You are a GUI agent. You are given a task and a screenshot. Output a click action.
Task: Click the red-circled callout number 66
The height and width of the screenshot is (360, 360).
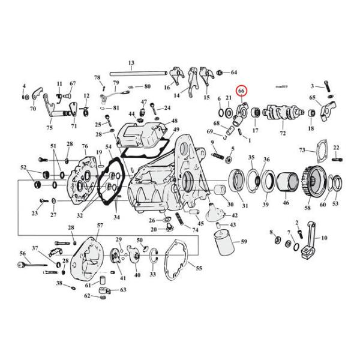point(241,91)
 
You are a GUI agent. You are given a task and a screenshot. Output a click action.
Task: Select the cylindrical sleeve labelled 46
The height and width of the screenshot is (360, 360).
point(286,182)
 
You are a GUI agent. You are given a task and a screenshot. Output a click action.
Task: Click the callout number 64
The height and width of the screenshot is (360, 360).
point(233,73)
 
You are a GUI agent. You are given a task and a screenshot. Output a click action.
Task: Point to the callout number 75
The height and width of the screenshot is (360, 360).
point(49,127)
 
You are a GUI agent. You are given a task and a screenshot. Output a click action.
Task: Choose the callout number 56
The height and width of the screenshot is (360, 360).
point(22,253)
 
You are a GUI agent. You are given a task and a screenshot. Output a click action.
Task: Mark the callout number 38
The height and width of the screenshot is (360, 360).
point(59,282)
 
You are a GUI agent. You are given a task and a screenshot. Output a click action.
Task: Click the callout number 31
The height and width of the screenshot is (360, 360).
point(245,207)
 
